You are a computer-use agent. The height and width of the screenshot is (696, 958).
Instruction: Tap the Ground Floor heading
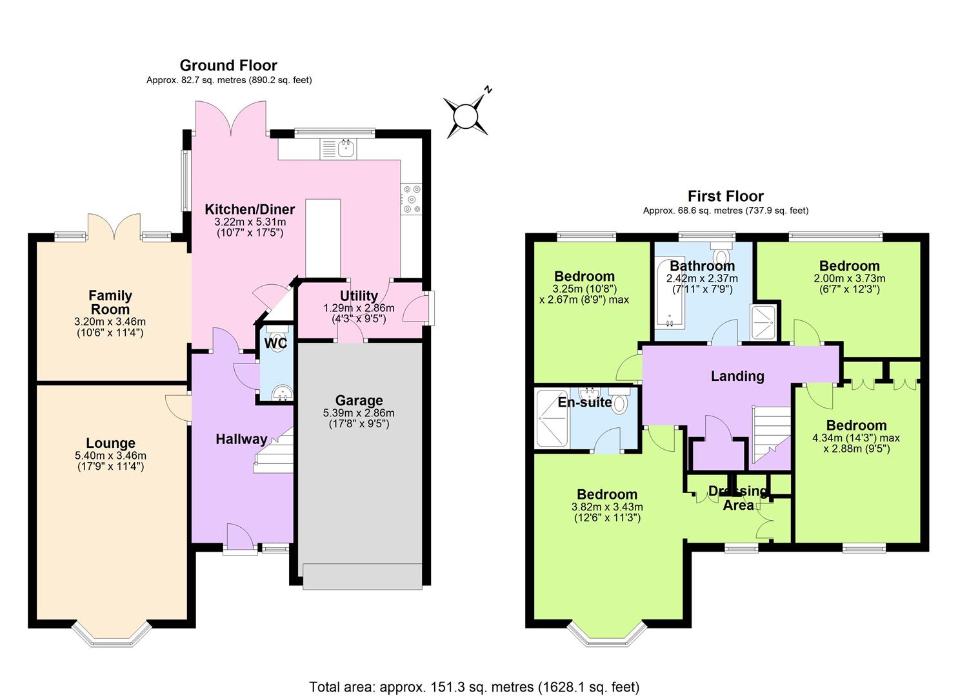(x=228, y=65)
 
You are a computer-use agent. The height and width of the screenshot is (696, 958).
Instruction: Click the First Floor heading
(x=725, y=196)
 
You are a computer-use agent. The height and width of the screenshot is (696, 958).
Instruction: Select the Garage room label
(x=359, y=400)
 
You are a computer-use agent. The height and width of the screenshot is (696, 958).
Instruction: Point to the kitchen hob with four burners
(x=411, y=199)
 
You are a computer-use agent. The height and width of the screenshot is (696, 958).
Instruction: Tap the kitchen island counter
(x=323, y=238)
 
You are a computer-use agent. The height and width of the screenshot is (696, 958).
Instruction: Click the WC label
(x=275, y=343)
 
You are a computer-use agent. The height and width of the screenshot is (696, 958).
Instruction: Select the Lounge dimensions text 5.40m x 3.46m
(x=111, y=456)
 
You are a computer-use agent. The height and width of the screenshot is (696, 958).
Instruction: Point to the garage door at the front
(x=362, y=576)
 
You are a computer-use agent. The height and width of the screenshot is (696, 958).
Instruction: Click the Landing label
(x=737, y=376)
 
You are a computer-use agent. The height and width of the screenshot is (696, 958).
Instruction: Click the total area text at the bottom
(x=474, y=687)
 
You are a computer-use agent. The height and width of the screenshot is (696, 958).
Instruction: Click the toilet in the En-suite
(x=620, y=402)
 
